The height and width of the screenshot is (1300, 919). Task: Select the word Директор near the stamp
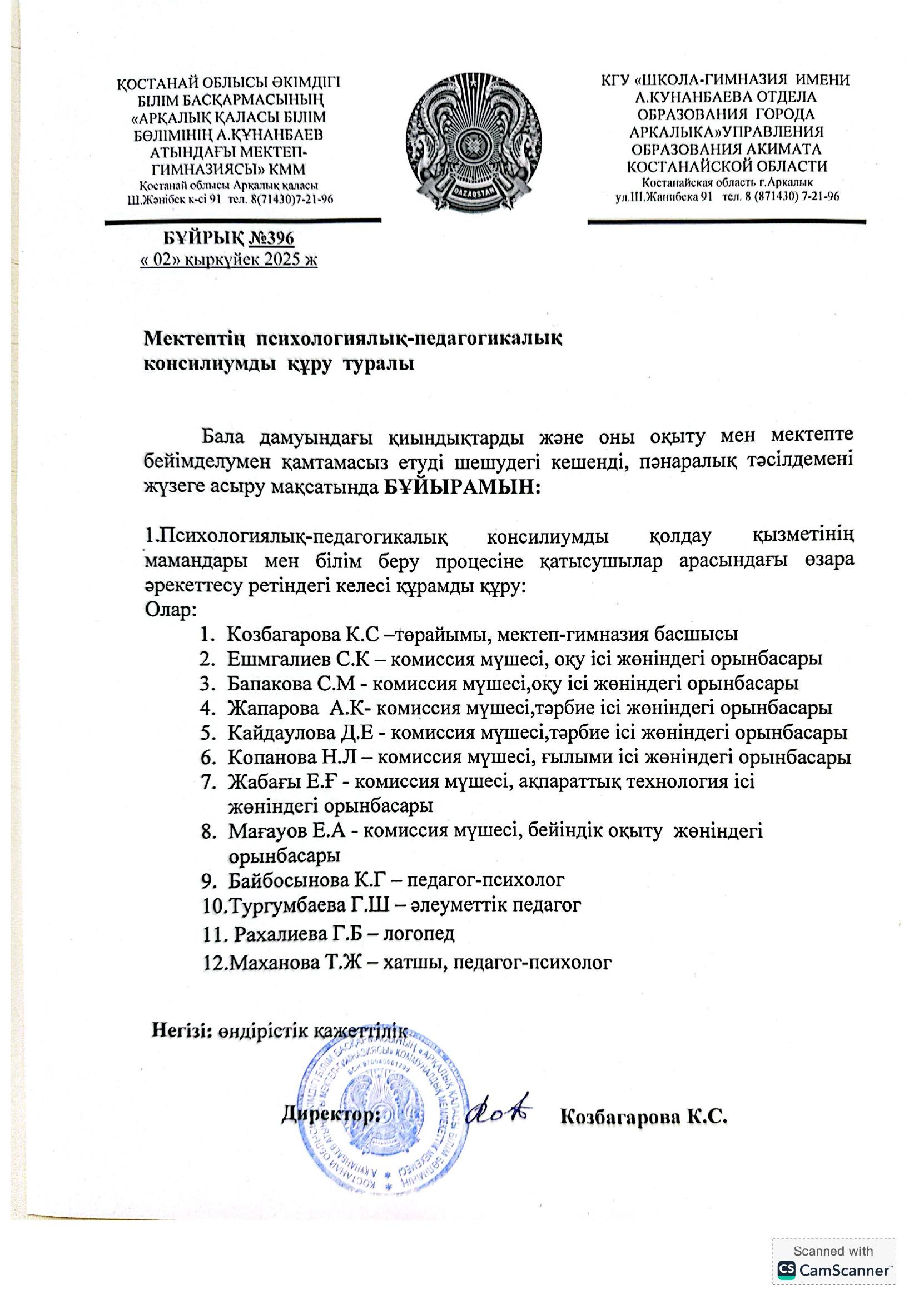pyautogui.click(x=331, y=1115)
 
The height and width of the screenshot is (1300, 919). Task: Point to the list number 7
pyautogui.click(x=206, y=782)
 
